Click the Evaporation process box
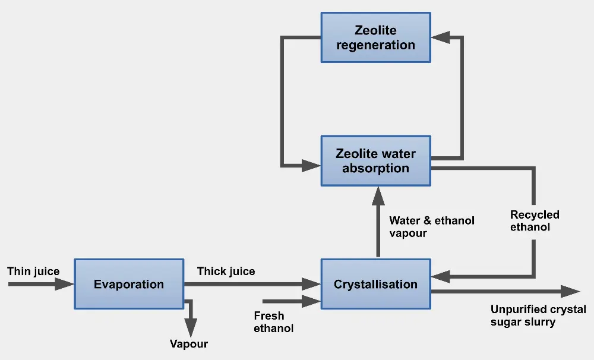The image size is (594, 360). tap(128, 284)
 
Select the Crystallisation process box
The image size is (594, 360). tap(375, 284)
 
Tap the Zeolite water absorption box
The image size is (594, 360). tap(375, 160)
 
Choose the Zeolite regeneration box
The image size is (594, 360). tap(375, 37)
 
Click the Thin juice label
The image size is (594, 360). tap(33, 271)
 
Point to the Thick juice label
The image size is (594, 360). tap(226, 271)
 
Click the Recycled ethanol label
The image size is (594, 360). tap(535, 221)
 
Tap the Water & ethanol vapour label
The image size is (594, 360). tap(432, 227)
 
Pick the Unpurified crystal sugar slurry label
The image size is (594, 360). tap(538, 316)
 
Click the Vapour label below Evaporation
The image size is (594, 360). tap(189, 344)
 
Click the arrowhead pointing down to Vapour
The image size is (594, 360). tap(190, 327)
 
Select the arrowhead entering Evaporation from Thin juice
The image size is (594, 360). tap(64, 285)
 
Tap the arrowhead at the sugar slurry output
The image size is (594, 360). tap(570, 291)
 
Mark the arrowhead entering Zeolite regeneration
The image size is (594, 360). tap(440, 37)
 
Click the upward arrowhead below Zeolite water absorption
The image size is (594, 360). tap(376, 194)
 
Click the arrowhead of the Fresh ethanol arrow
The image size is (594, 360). tap(311, 302)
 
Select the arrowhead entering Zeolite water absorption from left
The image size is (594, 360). tap(311, 165)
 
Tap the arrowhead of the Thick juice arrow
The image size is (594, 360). tap(311, 285)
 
